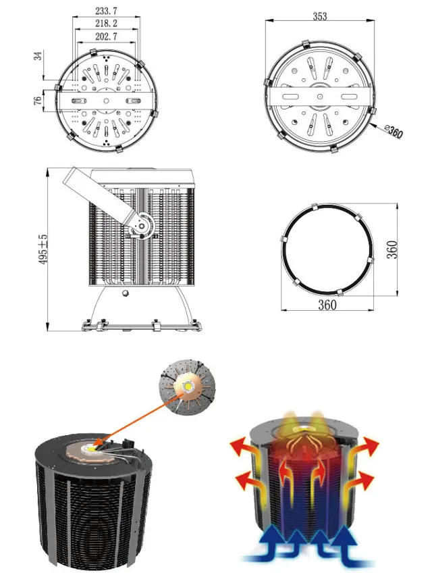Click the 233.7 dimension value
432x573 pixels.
(106, 11)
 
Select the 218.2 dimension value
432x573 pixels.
(106, 24)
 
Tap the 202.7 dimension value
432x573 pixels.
(106, 36)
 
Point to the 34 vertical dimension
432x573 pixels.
(38, 56)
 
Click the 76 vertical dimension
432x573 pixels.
(38, 101)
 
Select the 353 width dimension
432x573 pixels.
(320, 16)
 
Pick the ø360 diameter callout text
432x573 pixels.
(394, 132)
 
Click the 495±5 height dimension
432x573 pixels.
(43, 249)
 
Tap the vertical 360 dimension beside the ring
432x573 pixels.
(391, 249)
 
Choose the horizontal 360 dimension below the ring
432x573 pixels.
(327, 304)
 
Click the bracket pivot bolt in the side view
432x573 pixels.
(141, 226)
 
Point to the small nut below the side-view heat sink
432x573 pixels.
(126, 293)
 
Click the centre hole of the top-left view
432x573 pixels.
(106, 101)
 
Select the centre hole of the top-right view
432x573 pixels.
(319, 97)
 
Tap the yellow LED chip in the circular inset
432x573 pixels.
(188, 386)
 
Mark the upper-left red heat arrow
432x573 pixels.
(244, 450)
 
